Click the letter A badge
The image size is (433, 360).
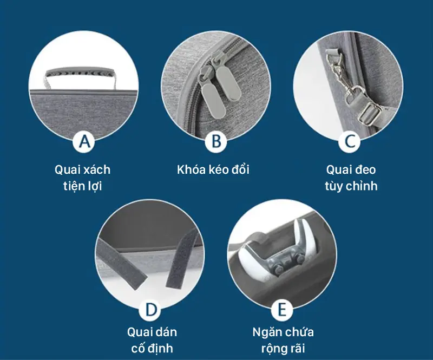coord(84,141)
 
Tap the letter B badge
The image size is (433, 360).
coord(216,141)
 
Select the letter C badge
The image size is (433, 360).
coord(350,141)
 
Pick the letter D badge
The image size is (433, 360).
coord(150,310)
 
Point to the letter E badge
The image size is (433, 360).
coord(282,310)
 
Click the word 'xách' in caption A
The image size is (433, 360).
coord(97,169)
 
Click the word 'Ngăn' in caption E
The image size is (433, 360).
coord(266,331)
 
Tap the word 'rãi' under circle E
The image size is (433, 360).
coord(297,348)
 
